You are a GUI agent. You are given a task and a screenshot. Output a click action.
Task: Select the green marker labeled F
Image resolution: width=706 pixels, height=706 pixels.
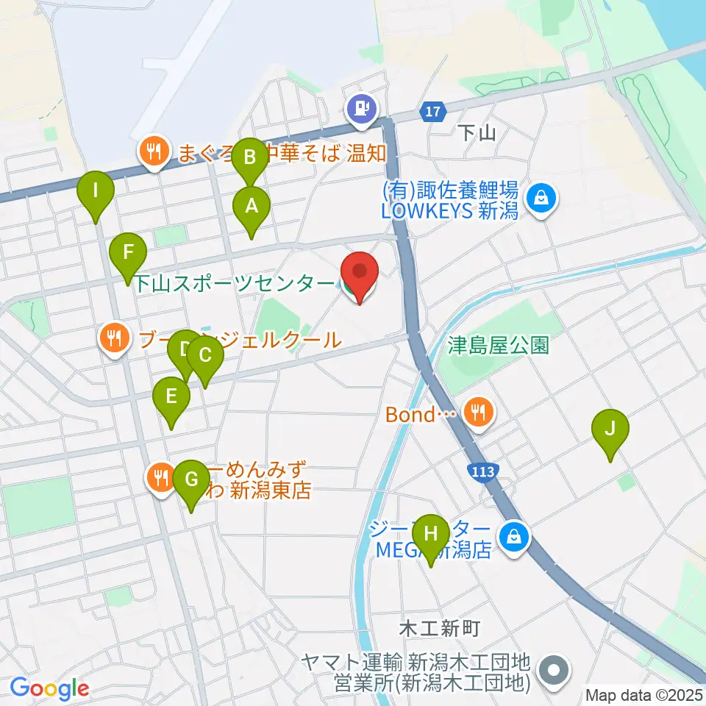(128, 254)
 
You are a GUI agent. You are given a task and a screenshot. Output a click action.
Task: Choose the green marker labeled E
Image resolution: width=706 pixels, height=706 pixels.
(171, 399)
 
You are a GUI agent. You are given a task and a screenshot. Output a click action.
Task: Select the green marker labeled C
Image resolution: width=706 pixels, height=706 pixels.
(204, 357)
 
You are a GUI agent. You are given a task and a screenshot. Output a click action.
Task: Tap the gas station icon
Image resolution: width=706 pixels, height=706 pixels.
(362, 109)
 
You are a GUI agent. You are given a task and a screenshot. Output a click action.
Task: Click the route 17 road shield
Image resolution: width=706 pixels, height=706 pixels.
(433, 112)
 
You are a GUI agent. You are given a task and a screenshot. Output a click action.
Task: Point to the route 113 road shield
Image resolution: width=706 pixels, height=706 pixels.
(482, 468)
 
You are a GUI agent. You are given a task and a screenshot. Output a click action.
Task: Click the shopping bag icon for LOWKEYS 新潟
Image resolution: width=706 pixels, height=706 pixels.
(542, 198)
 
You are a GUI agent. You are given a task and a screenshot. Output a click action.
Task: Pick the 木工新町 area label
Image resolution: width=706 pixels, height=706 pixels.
(440, 628)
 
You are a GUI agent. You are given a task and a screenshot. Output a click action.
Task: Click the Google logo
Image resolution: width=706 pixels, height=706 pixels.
(49, 689)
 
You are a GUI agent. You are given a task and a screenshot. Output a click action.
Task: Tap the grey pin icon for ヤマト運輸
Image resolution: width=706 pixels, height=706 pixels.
(555, 671)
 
